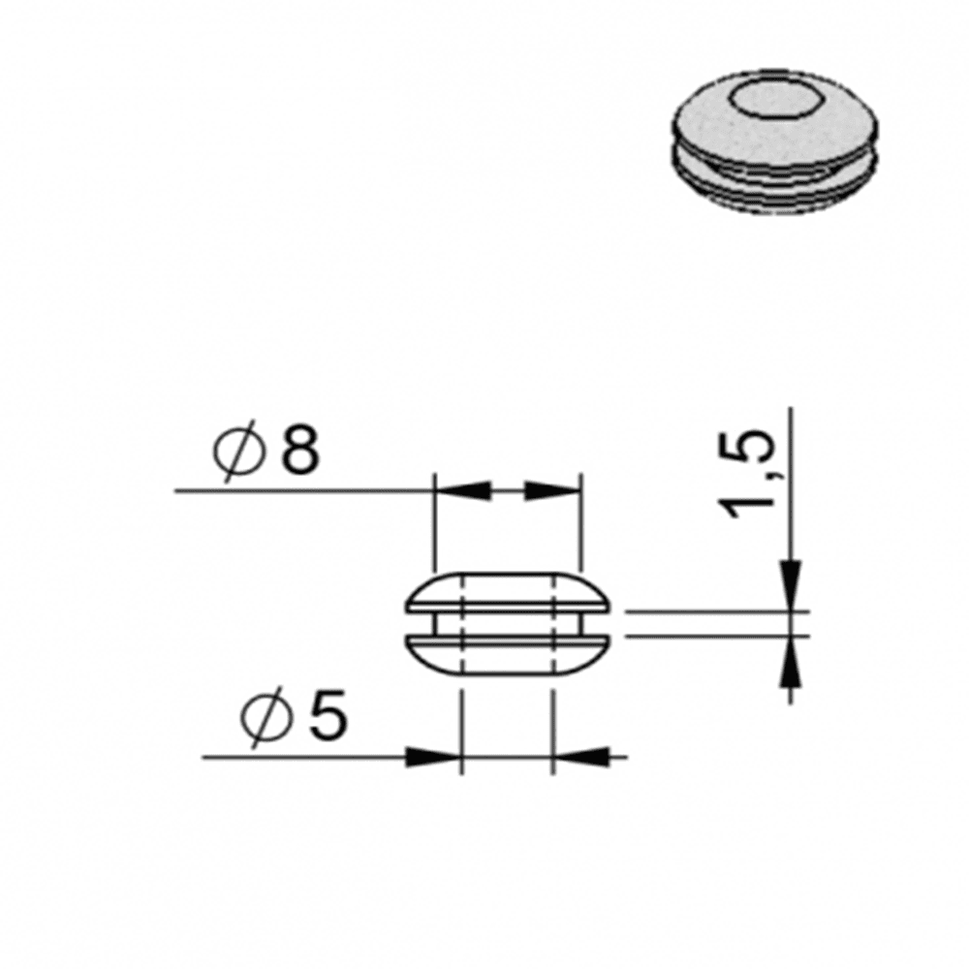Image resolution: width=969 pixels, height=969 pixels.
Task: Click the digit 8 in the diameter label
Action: tap(300, 449)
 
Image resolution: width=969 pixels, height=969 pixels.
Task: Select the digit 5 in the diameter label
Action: tap(328, 714)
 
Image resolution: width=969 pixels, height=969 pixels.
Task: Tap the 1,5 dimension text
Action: tap(750, 477)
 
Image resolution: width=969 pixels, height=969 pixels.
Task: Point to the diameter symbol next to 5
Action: tap(267, 717)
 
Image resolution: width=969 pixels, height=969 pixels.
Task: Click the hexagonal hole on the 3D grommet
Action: tap(770, 99)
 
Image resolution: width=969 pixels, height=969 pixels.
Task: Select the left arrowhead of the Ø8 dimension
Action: tap(463, 490)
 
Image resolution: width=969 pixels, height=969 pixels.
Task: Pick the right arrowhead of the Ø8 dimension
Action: tap(552, 490)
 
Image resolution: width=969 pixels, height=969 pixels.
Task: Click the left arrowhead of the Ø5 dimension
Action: tap(432, 757)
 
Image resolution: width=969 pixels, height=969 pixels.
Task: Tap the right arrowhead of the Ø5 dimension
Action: tap(580, 757)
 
